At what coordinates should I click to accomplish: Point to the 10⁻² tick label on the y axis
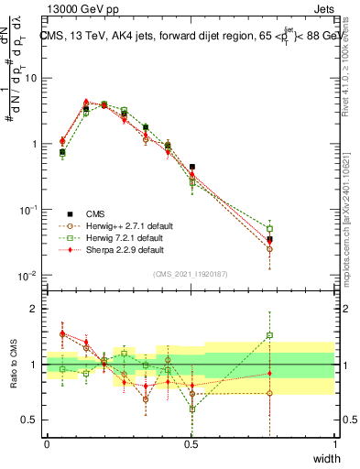(28, 276)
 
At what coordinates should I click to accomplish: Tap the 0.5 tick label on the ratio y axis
(31, 420)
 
